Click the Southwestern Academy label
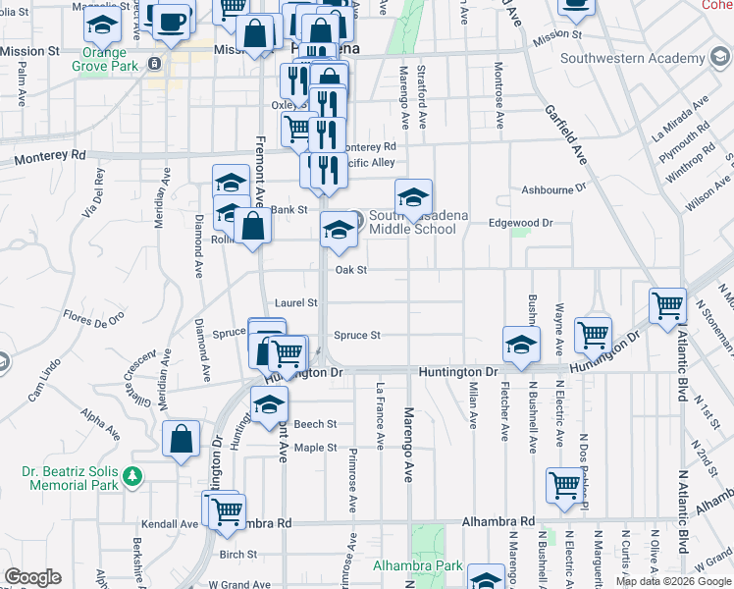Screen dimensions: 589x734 pyautogui.click(x=632, y=59)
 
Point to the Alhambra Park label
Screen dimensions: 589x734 pyautogui.click(x=417, y=566)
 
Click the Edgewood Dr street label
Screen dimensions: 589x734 pyautogui.click(x=522, y=223)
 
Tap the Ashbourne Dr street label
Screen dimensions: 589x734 pyautogui.click(x=553, y=187)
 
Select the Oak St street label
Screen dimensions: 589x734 pyautogui.click(x=350, y=270)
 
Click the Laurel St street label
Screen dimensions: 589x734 pyautogui.click(x=295, y=303)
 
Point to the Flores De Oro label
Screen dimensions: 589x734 pyautogui.click(x=94, y=317)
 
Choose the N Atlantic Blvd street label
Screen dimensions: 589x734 pyautogui.click(x=681, y=366)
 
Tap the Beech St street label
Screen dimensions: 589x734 pyautogui.click(x=315, y=424)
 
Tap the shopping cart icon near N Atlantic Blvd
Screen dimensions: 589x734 pyautogui.click(x=667, y=305)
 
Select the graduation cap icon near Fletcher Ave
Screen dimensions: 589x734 pyautogui.click(x=522, y=344)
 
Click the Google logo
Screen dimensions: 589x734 pyautogui.click(x=31, y=577)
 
